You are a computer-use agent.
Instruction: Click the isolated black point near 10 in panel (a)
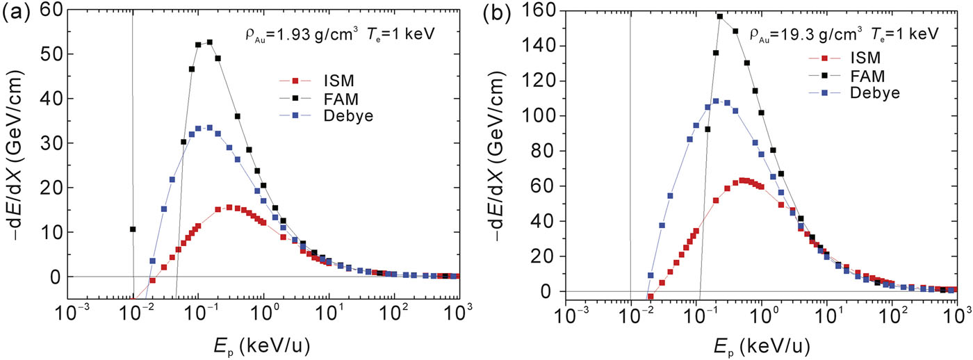(133, 229)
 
